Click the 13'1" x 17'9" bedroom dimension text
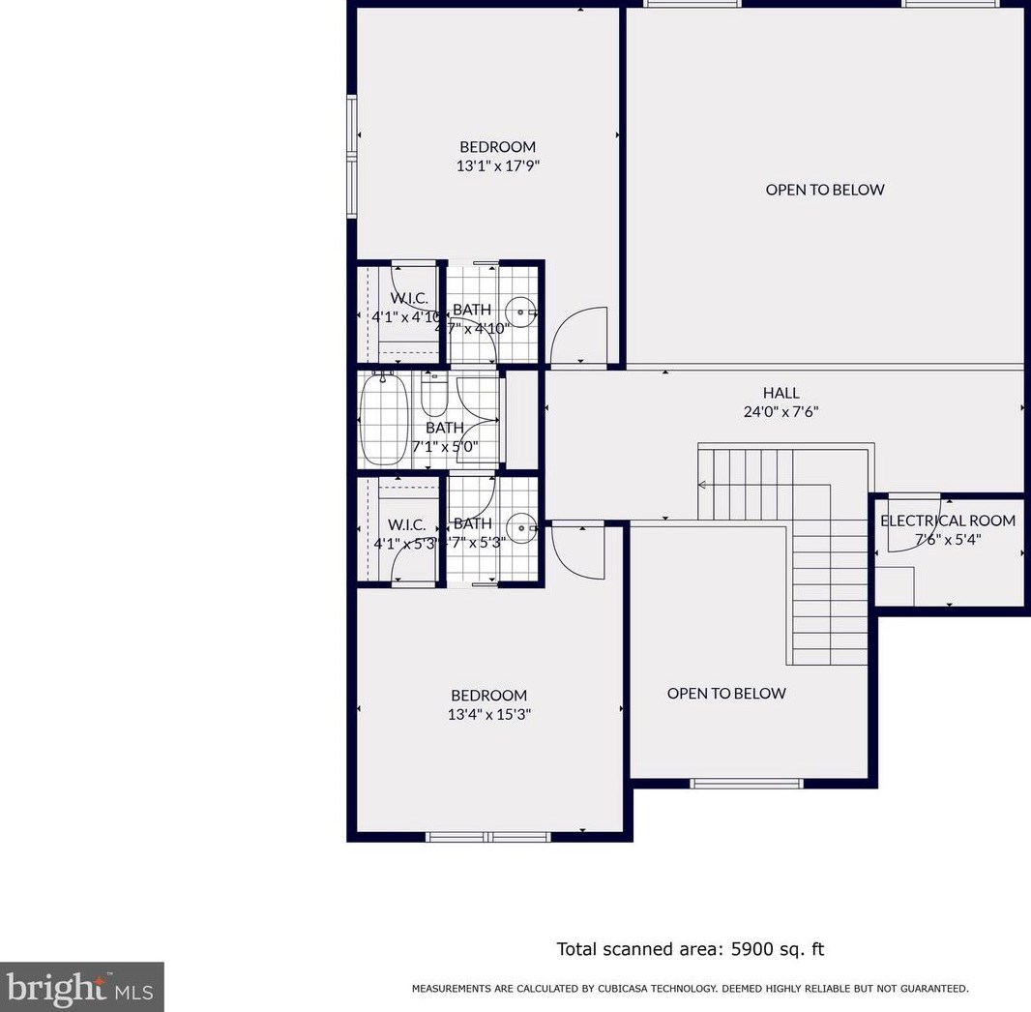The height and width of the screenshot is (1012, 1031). pos(497,166)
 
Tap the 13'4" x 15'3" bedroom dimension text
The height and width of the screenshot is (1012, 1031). pos(489,715)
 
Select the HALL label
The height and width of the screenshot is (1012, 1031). pos(781,393)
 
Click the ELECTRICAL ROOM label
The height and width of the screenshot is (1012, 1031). pos(947,521)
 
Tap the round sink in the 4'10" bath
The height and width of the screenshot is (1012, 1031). pos(523,312)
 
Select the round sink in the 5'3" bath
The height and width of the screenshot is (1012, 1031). pos(523,527)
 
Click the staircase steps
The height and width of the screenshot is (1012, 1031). pos(830,580)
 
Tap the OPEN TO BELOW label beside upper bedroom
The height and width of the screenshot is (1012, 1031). pos(824,190)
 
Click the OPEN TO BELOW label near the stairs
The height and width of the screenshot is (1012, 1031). pos(726,693)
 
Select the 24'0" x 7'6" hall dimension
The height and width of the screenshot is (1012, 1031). pos(781,411)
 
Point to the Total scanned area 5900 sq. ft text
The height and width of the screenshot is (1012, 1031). pos(690,949)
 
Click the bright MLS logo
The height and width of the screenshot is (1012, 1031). pos(81,986)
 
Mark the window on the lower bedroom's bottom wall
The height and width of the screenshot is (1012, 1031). pos(487,836)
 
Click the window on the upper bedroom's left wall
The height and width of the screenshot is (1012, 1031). pos(353,157)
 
